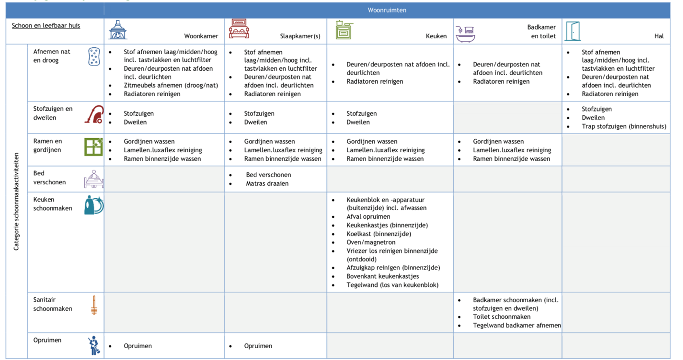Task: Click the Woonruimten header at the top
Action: [387, 10]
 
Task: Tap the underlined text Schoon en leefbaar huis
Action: [46, 25]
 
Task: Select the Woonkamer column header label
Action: [201, 36]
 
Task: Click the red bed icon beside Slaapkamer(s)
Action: [239, 29]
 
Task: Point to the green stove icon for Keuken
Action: [344, 30]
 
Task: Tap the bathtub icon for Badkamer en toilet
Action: [465, 34]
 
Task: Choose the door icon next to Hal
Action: [572, 31]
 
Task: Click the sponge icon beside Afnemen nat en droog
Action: [94, 57]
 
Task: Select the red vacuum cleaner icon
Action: [94, 114]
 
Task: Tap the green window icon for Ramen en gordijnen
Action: [93, 147]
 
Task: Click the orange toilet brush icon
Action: [94, 305]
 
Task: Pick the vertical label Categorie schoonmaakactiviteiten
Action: [17, 201]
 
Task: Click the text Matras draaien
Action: [267, 183]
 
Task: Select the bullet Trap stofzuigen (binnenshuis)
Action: [624, 126]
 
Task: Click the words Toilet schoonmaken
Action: [501, 317]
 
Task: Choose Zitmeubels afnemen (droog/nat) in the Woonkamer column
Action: [170, 85]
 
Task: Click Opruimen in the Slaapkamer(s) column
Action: [258, 346]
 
